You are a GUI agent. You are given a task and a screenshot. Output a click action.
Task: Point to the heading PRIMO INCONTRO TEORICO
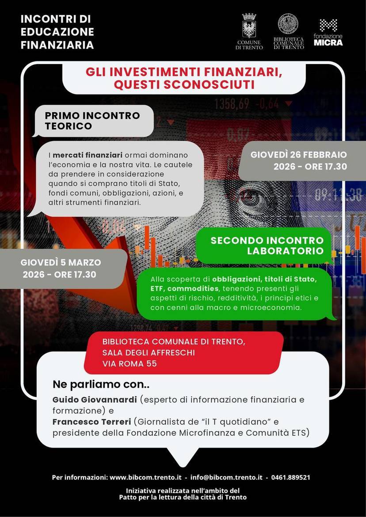92,121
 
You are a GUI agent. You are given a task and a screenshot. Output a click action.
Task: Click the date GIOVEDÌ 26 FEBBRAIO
299,155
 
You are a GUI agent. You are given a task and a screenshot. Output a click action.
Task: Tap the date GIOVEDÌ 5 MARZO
61,262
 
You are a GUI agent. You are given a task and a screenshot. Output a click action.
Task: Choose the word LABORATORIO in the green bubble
285,251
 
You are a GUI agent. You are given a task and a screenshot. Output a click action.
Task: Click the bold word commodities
192,289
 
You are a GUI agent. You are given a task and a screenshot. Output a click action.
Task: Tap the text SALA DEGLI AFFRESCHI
148,353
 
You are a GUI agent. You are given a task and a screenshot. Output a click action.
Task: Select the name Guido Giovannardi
95,399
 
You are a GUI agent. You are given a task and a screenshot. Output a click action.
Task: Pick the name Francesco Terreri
91,422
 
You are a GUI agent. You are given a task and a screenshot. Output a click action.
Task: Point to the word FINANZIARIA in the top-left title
57,45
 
